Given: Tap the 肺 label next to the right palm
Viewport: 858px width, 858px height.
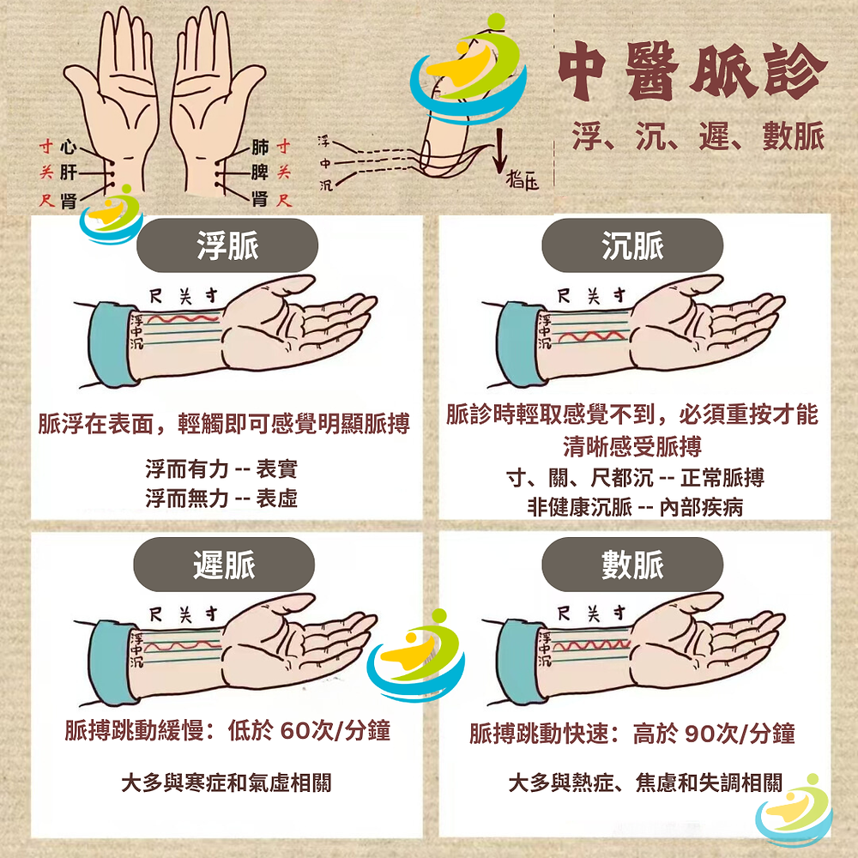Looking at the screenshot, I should (261, 147).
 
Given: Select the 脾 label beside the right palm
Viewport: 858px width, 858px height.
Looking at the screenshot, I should (261, 172).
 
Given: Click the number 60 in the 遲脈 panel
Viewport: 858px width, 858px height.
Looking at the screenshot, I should (294, 731).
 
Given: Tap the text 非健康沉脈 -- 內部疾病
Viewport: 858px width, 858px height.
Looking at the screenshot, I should (635, 506).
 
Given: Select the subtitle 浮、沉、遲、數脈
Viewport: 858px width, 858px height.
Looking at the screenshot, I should (698, 136).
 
